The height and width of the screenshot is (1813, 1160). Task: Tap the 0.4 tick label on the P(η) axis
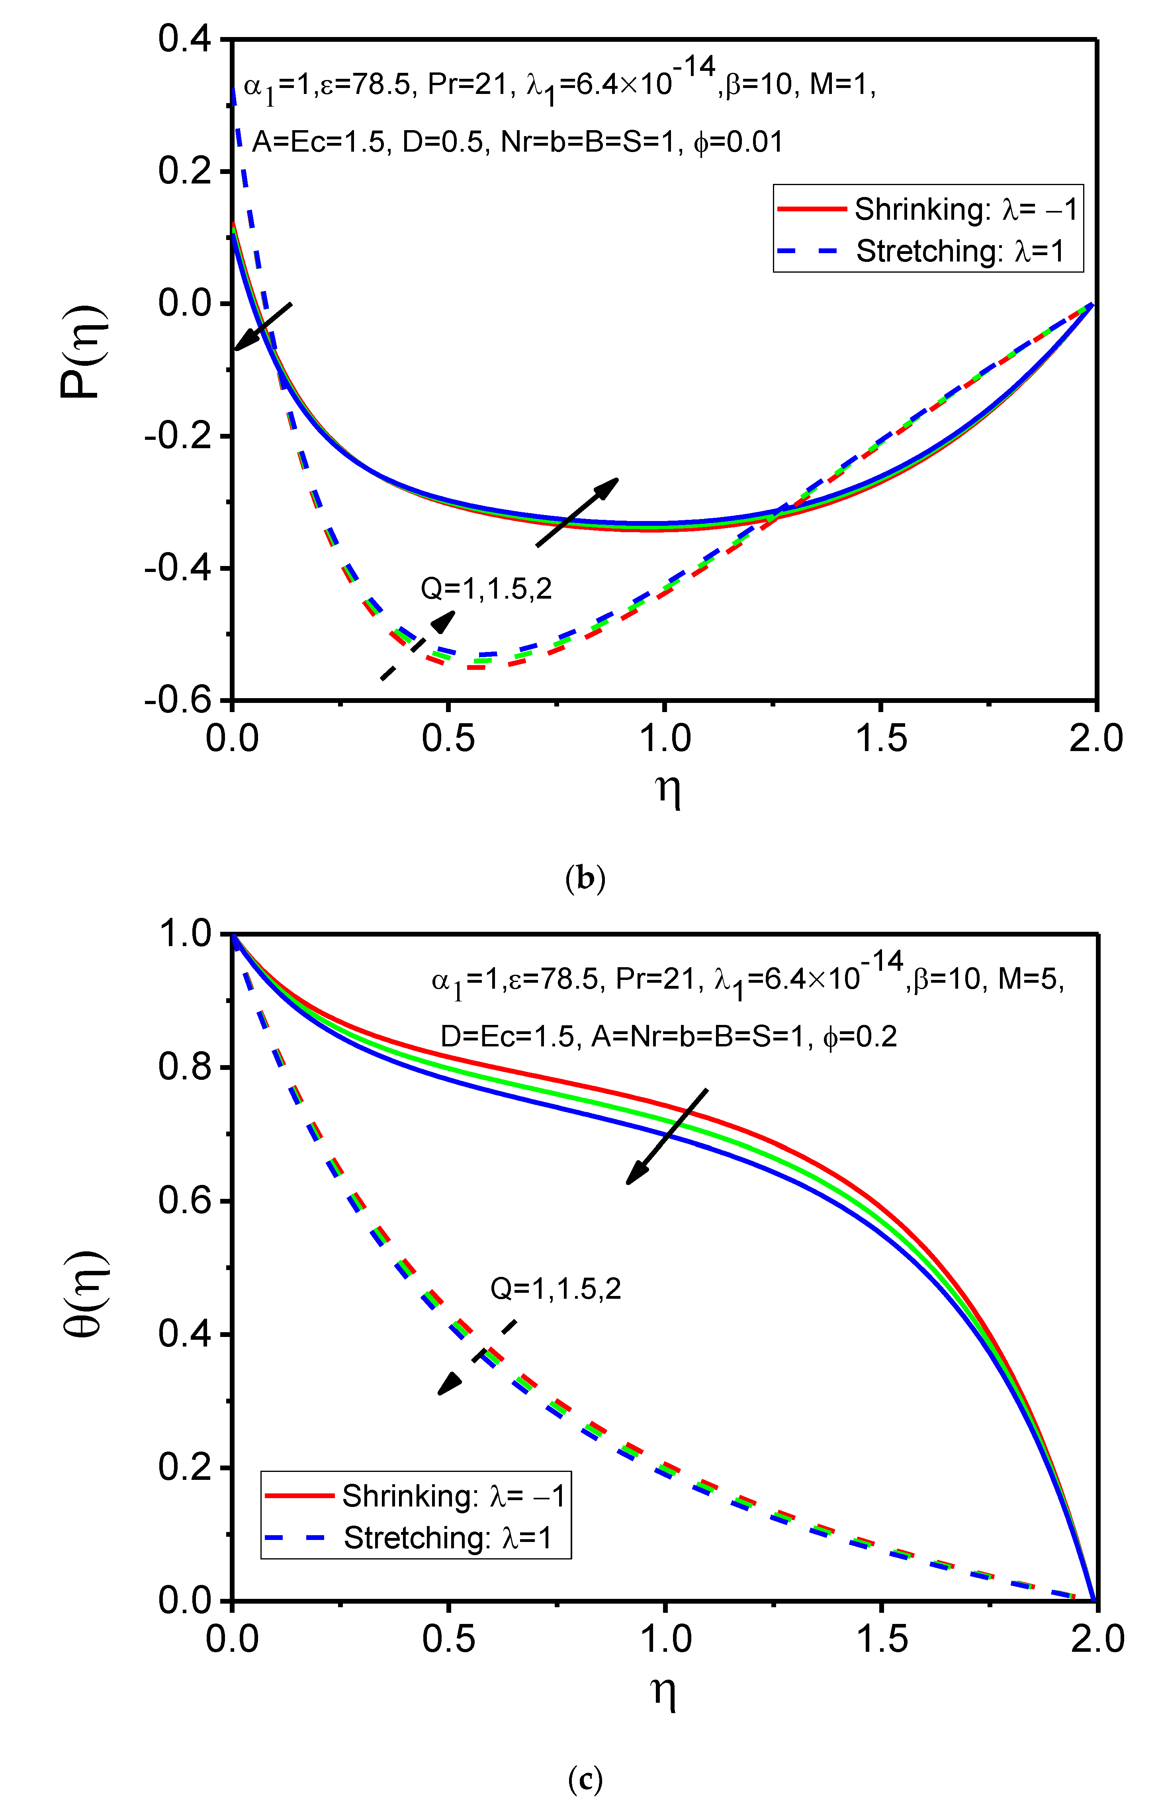click(184, 39)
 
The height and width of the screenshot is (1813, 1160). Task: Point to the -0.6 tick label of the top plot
click(178, 700)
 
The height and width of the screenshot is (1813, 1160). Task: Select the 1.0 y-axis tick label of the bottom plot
click(184, 934)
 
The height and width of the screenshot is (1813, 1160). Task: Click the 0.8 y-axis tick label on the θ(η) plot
click(184, 1066)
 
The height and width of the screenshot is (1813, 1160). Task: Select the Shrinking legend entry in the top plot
click(928, 209)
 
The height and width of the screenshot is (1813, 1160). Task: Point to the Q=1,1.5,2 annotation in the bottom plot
click(556, 1288)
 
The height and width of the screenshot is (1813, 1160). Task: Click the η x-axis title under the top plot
click(667, 788)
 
